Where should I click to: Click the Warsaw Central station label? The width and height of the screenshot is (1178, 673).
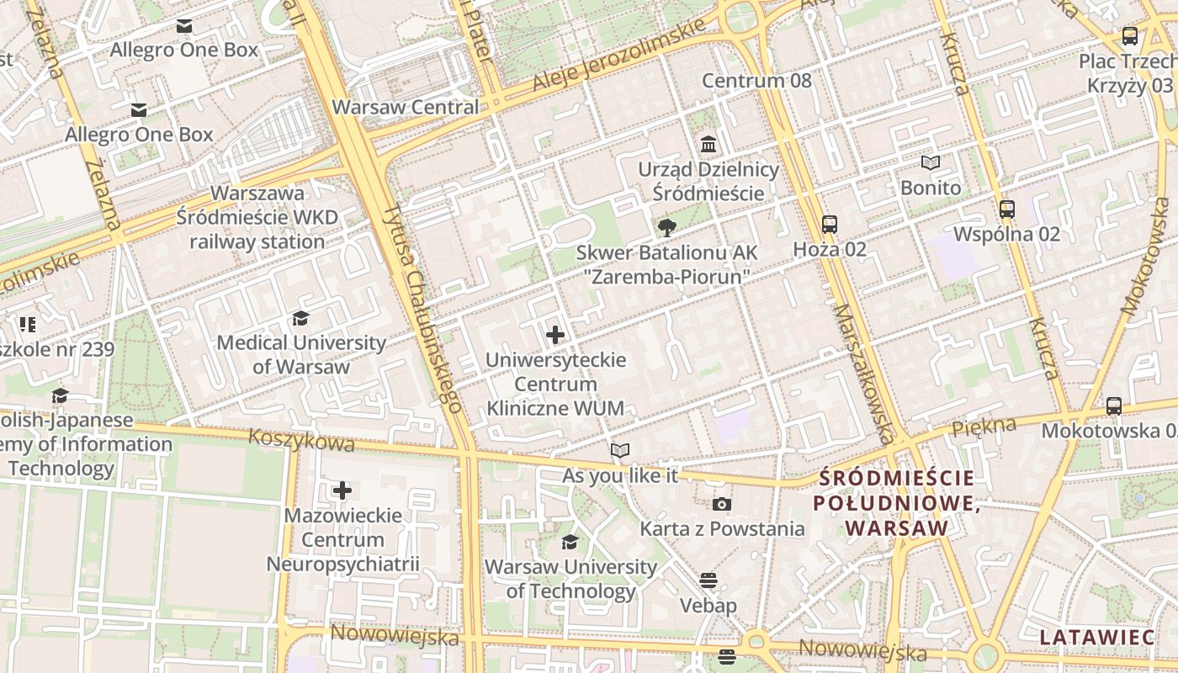click(x=406, y=107)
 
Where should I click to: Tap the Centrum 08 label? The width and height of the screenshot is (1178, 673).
click(x=756, y=81)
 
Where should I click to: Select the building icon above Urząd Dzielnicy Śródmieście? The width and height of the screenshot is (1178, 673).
click(x=708, y=145)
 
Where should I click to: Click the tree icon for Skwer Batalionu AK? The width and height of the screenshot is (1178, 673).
click(x=667, y=227)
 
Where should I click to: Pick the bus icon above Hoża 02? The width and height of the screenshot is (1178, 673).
click(x=830, y=224)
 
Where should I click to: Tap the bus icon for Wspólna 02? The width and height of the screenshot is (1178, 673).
click(x=1006, y=209)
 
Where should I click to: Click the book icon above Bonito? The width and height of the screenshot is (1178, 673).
click(x=930, y=162)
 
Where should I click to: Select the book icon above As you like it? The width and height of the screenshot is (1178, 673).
click(x=620, y=451)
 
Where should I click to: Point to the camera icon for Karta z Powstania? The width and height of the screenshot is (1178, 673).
click(x=722, y=505)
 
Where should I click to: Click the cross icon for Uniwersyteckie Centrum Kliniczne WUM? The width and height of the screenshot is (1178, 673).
click(x=555, y=335)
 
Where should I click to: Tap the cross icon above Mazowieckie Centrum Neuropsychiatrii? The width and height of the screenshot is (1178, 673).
click(x=342, y=490)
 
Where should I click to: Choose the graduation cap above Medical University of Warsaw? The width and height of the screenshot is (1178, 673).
click(x=300, y=318)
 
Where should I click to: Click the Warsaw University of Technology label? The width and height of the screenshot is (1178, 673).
click(x=570, y=579)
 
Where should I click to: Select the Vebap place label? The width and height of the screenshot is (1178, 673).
click(x=708, y=606)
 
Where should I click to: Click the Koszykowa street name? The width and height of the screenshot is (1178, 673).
click(x=302, y=441)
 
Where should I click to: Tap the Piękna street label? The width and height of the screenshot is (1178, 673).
click(x=984, y=427)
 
